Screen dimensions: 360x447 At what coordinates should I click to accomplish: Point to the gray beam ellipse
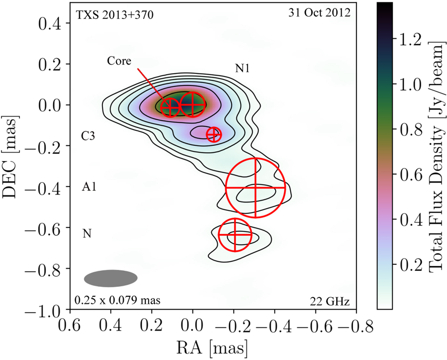coord(111,278)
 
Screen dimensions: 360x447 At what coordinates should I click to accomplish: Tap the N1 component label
coord(242,68)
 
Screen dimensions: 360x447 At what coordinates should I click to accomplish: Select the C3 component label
coord(88,136)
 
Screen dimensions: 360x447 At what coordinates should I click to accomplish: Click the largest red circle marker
coord(255,188)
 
